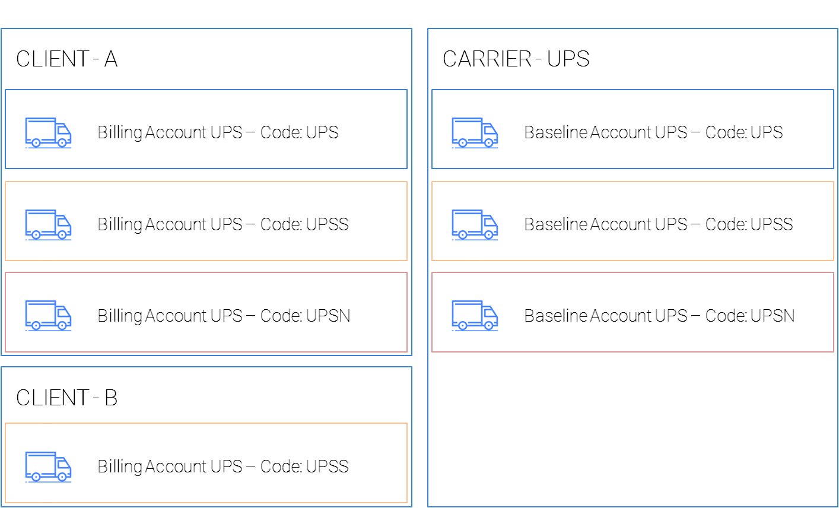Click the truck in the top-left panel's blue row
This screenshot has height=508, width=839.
click(x=48, y=132)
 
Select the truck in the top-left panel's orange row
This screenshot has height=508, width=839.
click(x=48, y=224)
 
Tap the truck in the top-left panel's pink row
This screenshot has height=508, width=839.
click(x=48, y=315)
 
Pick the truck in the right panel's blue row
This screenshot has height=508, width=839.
click(x=475, y=132)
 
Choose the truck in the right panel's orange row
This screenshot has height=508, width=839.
click(x=475, y=224)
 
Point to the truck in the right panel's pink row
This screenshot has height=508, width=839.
click(x=475, y=315)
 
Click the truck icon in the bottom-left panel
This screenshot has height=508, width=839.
click(x=48, y=466)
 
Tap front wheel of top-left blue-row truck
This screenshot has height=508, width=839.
click(x=62, y=143)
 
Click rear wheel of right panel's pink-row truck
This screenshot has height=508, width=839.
click(x=462, y=326)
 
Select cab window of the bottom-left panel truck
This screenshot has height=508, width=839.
click(x=63, y=463)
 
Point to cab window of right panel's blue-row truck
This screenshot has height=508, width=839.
click(x=490, y=129)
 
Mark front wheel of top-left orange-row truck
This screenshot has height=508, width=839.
click(x=62, y=235)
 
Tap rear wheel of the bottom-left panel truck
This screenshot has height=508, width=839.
click(x=36, y=477)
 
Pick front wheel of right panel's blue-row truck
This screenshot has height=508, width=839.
click(x=488, y=143)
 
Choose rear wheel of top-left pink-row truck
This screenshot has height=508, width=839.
click(x=36, y=326)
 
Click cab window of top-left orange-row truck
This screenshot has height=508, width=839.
click(x=63, y=221)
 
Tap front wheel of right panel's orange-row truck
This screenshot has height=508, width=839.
click(x=488, y=235)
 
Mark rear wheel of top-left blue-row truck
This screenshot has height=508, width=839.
click(x=36, y=143)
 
